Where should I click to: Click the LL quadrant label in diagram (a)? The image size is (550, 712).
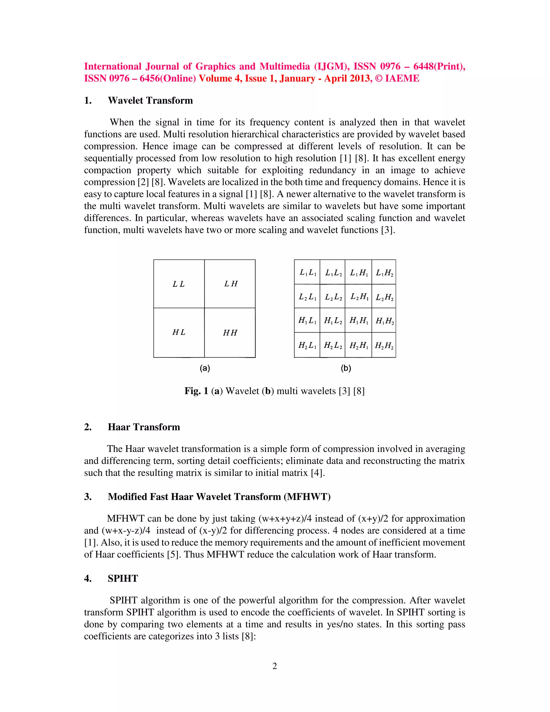179,284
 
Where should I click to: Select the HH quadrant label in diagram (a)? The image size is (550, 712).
230,333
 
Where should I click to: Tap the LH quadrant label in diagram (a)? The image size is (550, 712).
231,284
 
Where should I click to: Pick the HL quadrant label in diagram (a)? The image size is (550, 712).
179,332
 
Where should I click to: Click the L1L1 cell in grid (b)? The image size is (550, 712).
307,272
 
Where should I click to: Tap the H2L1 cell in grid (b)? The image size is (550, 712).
307,345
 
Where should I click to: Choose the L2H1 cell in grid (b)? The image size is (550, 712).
359,297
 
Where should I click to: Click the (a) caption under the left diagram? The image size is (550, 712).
205,368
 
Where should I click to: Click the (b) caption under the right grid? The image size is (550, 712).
346,368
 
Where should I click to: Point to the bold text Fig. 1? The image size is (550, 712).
196,391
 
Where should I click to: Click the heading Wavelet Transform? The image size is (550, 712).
150,100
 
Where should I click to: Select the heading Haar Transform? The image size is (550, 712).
144,427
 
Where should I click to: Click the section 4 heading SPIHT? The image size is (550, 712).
123,578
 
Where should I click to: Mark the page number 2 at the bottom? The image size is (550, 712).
275,666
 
